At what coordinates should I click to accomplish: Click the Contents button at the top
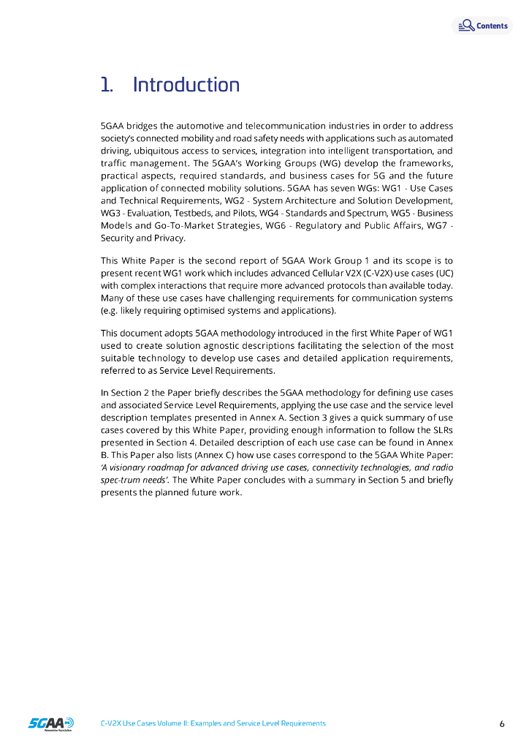point(483,26)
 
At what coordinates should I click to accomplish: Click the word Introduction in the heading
point(186,85)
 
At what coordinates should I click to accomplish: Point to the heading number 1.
point(107,85)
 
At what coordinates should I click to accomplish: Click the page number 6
point(502,724)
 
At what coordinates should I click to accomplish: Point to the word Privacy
point(170,238)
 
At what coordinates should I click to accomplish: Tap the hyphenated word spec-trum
point(121,480)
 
